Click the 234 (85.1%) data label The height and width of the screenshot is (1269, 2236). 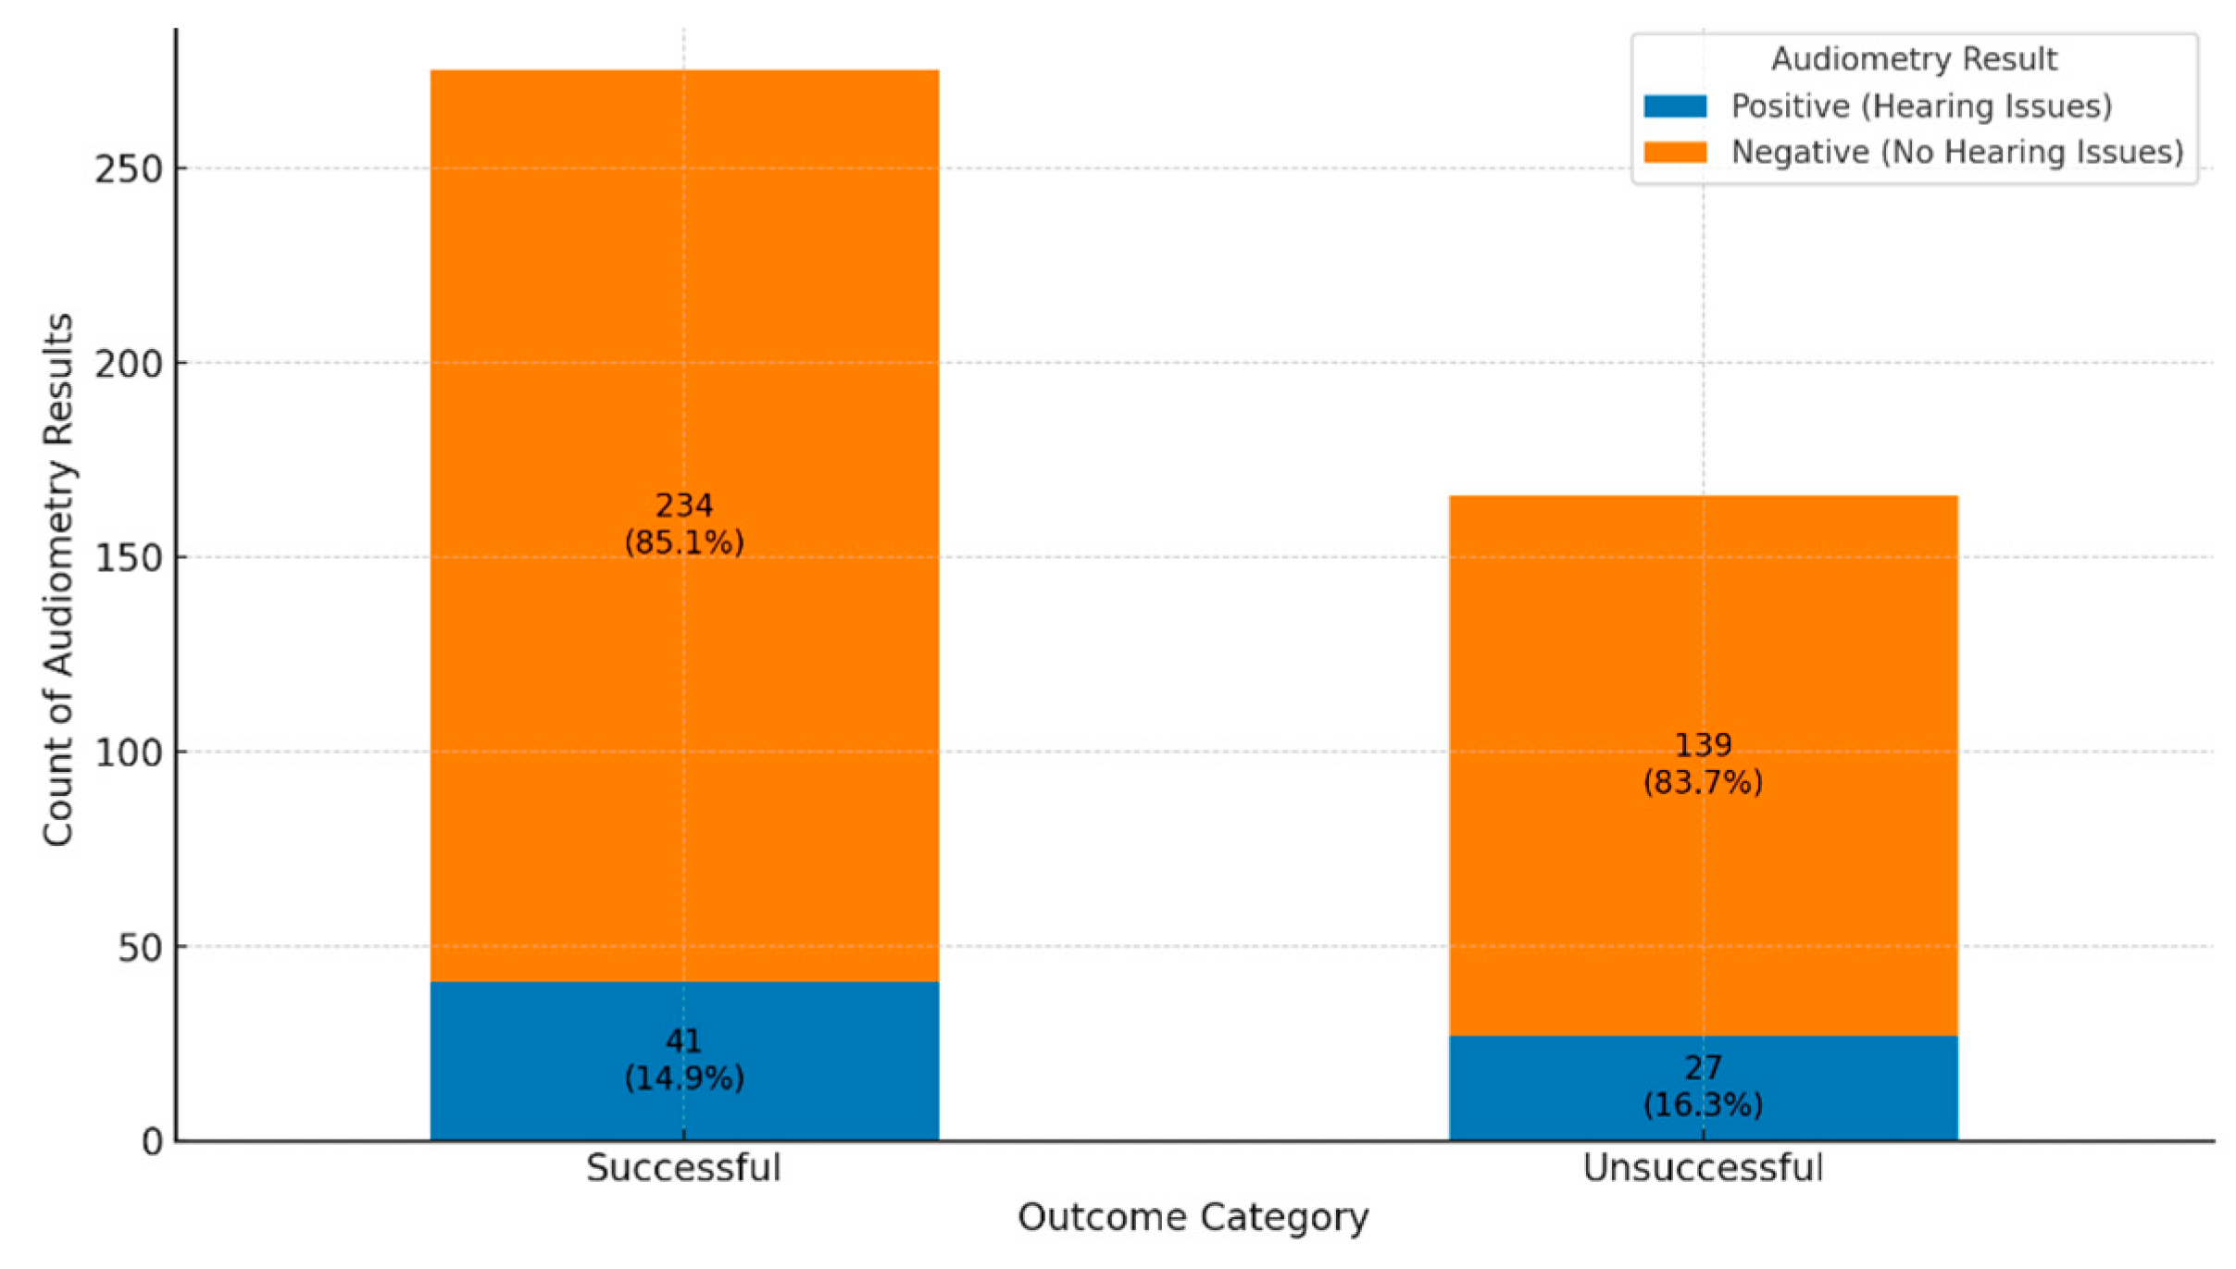[x=684, y=524]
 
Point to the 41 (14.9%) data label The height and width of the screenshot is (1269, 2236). [x=684, y=1060]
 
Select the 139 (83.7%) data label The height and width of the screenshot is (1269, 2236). [x=1703, y=764]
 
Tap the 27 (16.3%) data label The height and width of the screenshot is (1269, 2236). [x=1703, y=1087]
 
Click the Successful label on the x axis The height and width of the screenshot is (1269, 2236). [x=683, y=1168]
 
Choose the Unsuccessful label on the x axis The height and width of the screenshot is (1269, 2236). [x=1703, y=1168]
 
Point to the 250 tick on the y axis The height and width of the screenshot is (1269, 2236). [x=129, y=169]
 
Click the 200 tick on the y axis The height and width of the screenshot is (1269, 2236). [x=129, y=364]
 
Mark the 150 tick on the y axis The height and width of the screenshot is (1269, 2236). [x=129, y=558]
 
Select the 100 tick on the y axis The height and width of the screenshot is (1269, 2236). [x=129, y=753]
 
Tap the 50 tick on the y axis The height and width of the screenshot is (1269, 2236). [x=140, y=948]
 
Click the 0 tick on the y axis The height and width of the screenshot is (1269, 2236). [x=153, y=1142]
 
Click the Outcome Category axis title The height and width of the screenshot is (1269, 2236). [x=1193, y=1218]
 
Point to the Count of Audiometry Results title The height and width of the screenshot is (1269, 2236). [x=58, y=579]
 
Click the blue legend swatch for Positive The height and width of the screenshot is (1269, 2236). [x=1675, y=106]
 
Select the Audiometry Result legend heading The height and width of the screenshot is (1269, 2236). [x=1914, y=59]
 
